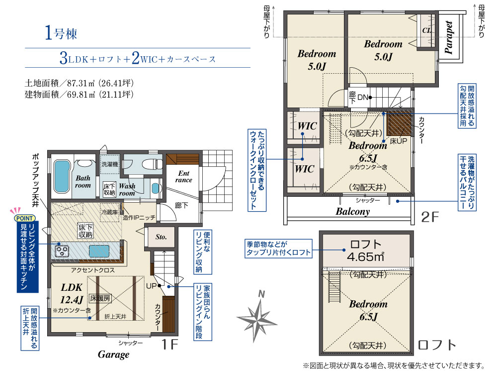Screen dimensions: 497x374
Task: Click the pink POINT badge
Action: [24, 218]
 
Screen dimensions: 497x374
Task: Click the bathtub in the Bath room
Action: [62, 176]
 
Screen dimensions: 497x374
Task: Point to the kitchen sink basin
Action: [99, 251]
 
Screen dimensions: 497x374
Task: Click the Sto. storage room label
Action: [161, 237]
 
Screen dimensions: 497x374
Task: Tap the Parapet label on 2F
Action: [448, 37]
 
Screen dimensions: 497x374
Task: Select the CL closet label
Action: [427, 30]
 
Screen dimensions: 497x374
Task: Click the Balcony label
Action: [353, 212]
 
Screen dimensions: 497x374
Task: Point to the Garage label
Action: [113, 354]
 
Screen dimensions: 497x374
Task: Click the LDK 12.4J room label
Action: [72, 293]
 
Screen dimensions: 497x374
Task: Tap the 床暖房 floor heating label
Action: [100, 298]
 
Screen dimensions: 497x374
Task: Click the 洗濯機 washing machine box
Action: [110, 164]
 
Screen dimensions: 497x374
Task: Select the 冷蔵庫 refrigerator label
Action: [109, 212]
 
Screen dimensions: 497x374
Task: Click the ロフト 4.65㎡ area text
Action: [365, 250]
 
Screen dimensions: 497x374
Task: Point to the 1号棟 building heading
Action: [61, 33]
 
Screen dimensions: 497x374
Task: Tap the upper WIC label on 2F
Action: [307, 126]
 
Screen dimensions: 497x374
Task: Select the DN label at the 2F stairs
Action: [363, 98]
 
